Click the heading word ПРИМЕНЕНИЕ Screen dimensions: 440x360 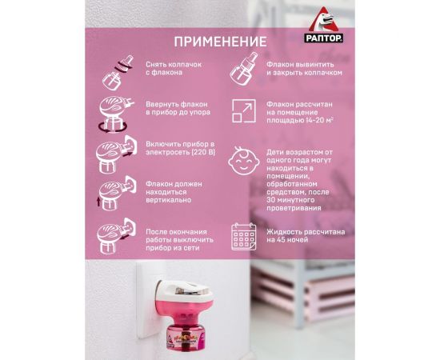coord(220,42)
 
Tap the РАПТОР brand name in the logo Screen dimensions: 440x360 coord(323,38)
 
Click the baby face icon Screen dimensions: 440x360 coord(242,161)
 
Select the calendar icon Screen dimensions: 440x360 coord(243,237)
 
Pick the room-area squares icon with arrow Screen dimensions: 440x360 coord(244,111)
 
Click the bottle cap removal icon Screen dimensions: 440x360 coord(118,73)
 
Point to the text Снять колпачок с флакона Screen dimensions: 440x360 coord(174,68)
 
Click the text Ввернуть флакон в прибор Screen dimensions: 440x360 coord(177,108)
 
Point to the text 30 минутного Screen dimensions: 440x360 coord(290,200)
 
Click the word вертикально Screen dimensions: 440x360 coord(168,200)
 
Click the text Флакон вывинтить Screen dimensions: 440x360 coord(300,64)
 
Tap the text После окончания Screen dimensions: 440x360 coord(176,232)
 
